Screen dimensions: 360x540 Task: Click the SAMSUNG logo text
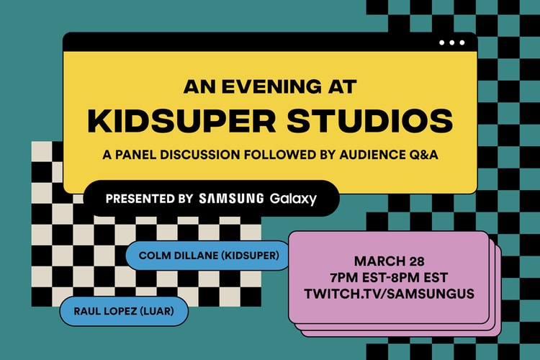(231, 198)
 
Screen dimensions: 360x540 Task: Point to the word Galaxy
(293, 199)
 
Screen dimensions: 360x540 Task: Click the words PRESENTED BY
(149, 198)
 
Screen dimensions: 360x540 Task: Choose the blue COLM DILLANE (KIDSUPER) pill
(208, 254)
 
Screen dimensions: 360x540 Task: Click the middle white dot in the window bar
(451, 42)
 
